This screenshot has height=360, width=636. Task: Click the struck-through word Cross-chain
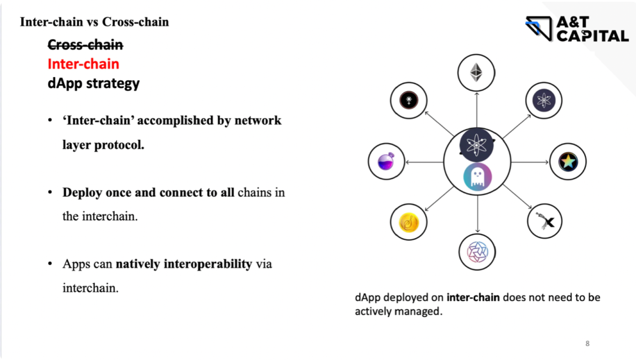point(85,44)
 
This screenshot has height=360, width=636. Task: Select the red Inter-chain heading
point(83,64)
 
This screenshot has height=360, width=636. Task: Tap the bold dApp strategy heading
point(94,82)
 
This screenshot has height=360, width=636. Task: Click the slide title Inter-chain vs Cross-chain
point(94,22)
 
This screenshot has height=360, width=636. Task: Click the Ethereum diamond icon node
point(476,73)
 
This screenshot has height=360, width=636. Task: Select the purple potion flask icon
point(386,161)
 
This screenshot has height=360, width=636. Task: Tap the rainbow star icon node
point(568,161)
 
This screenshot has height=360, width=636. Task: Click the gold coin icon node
point(409,222)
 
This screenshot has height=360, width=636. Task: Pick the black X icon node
point(545,222)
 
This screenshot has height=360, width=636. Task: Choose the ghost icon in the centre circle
point(476,177)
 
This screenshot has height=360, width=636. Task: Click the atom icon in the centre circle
point(476,145)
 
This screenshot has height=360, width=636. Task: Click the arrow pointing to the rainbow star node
point(530,162)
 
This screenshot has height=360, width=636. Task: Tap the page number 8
point(587,344)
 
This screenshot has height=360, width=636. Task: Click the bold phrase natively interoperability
point(184,263)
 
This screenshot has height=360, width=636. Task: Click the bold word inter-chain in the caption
point(473,298)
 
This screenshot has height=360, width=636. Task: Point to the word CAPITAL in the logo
point(592,36)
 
